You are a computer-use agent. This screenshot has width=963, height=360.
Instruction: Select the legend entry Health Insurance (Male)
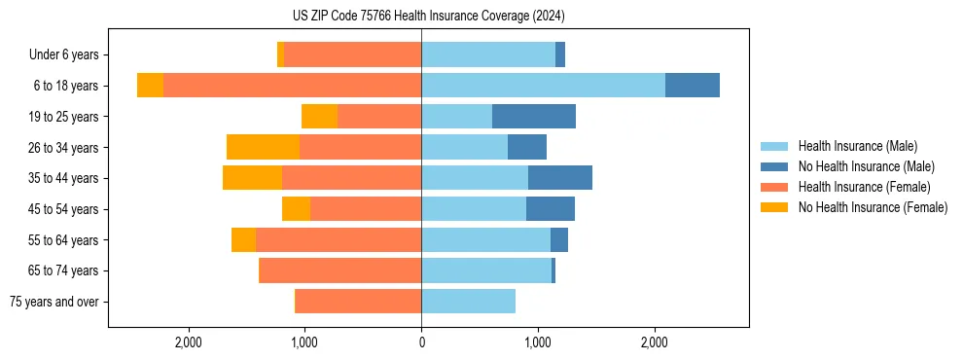pos(857,146)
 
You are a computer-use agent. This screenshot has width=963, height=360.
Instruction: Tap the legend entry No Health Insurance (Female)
pos(873,207)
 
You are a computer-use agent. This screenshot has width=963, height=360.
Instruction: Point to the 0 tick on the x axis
pos(421,342)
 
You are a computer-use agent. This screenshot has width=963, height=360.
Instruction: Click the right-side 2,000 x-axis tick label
pos(655,342)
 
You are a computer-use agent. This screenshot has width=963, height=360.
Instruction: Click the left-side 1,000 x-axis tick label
pos(304,342)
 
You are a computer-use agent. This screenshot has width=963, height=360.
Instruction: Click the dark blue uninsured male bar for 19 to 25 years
pos(533,117)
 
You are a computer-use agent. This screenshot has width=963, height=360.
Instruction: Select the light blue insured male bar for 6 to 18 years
pos(543,86)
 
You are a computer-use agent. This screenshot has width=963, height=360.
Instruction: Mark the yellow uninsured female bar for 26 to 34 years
pos(263,147)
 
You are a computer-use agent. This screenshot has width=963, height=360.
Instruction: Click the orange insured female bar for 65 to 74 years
pos(340,270)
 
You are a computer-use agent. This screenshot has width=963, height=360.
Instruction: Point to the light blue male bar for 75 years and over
pos(468,302)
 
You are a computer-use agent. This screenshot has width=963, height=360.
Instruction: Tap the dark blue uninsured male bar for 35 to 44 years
pos(559,178)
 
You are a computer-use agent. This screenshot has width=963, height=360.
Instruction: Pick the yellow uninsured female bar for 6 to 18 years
pos(150,86)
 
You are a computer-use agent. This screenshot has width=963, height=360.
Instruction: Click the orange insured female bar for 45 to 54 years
pos(366,209)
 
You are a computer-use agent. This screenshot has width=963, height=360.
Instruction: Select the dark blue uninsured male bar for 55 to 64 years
pos(558,239)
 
